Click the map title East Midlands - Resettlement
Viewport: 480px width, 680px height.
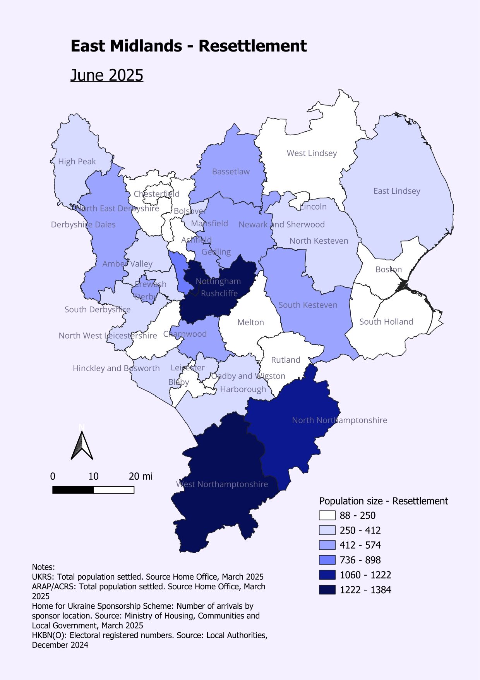tap(189, 46)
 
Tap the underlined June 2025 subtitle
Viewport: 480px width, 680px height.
tap(107, 75)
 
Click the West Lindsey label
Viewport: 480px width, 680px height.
tap(312, 153)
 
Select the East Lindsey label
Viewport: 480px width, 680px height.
tap(396, 191)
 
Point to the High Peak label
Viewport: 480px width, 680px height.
tap(77, 162)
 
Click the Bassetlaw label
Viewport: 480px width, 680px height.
tap(231, 172)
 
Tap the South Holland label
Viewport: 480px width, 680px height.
tap(386, 322)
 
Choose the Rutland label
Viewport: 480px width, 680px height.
tap(285, 360)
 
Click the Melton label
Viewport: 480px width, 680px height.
tap(250, 322)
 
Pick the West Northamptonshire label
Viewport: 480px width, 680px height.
tap(222, 484)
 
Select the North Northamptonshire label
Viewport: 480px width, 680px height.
tap(339, 420)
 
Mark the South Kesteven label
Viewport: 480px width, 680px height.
tap(308, 305)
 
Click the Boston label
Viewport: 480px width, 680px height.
tap(388, 269)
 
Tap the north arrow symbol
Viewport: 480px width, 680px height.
tap(82, 446)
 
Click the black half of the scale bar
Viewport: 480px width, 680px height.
tap(73, 490)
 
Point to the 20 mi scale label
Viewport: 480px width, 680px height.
tap(141, 476)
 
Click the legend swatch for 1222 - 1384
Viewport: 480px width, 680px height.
tap(327, 590)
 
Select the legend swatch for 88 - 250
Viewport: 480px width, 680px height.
tap(327, 515)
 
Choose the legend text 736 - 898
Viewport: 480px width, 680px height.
tap(360, 560)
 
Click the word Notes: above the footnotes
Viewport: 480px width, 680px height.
tap(43, 567)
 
